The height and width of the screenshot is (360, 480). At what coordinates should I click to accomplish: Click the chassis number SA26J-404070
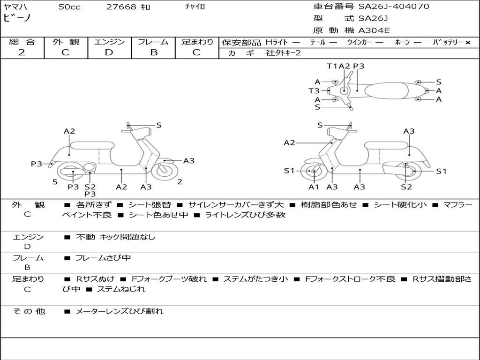pyautogui.click(x=394, y=7)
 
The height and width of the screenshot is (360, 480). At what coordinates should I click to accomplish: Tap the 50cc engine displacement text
pyautogui.click(x=69, y=7)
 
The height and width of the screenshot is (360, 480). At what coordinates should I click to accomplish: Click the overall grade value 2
pyautogui.click(x=22, y=52)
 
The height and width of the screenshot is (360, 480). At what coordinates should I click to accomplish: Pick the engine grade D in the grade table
pyautogui.click(x=109, y=52)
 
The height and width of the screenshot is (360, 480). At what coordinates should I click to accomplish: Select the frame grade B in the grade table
pyautogui.click(x=153, y=52)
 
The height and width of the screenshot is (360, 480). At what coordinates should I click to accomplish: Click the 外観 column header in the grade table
pyautogui.click(x=66, y=42)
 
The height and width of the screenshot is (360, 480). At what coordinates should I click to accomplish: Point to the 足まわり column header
pyautogui.click(x=197, y=42)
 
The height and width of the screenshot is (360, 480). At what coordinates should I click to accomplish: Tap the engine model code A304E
pyautogui.click(x=374, y=31)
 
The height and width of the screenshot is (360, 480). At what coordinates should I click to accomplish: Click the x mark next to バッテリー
pyautogui.click(x=467, y=42)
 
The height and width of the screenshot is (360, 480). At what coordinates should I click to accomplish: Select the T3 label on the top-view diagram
pyautogui.click(x=314, y=91)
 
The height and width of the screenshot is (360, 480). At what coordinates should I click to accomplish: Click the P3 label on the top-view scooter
pyautogui.click(x=359, y=66)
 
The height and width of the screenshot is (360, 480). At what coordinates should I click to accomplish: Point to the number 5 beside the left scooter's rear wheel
pyautogui.click(x=55, y=182)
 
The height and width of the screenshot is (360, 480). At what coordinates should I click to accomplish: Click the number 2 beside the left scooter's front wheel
pyautogui.click(x=180, y=182)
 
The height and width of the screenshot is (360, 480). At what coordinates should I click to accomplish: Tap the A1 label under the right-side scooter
pyautogui.click(x=314, y=187)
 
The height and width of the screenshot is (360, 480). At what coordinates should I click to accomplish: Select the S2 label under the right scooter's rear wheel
pyautogui.click(x=406, y=187)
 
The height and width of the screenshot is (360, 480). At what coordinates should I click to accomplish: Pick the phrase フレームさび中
pyautogui.click(x=103, y=258)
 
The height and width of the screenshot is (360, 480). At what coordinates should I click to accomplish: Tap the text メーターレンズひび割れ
pyautogui.click(x=120, y=311)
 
